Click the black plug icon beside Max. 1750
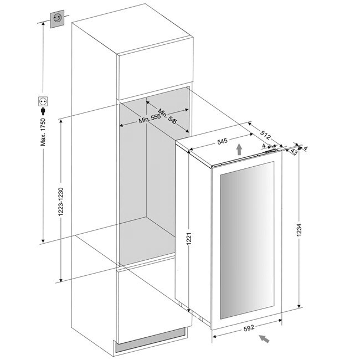click(43, 111)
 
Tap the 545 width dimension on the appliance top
click(222, 142)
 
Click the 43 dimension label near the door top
click(292, 153)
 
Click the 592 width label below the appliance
click(249, 327)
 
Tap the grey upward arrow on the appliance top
click(238, 148)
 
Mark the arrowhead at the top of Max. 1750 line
click(43, 24)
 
